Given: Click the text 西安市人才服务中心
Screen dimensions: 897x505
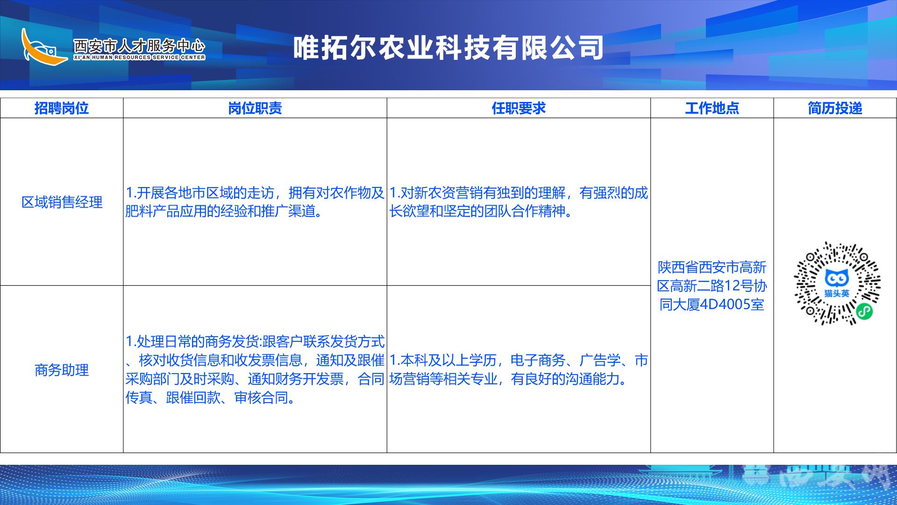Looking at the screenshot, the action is [x=139, y=46].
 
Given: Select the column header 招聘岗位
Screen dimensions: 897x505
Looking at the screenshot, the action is [x=62, y=108].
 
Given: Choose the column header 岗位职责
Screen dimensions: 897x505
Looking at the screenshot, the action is [x=255, y=108].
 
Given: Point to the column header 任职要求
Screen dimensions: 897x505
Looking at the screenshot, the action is [x=519, y=108].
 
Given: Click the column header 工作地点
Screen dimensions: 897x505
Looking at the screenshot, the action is [x=712, y=108].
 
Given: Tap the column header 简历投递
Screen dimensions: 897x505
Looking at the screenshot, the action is [x=835, y=108].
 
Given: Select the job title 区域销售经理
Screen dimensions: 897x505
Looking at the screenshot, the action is [x=62, y=202].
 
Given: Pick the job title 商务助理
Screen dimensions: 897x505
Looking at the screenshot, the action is [x=62, y=370].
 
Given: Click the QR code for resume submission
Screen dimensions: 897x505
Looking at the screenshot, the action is [x=837, y=283].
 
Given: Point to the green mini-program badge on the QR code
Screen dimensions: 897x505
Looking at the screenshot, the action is [x=864, y=311].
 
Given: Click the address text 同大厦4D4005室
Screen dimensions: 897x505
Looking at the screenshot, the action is [x=712, y=304].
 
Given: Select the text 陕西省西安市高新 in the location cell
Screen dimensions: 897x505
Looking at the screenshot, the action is [x=712, y=267].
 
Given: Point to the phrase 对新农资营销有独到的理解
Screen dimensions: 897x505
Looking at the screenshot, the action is [x=483, y=193].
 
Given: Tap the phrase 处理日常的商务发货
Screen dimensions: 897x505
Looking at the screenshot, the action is [x=198, y=342].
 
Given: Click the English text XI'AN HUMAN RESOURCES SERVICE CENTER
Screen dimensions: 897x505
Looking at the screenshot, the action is [x=139, y=58].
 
